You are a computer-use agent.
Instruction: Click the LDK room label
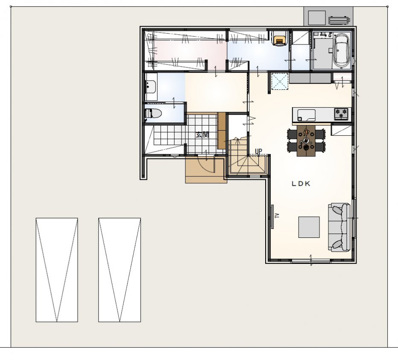coord(301,184)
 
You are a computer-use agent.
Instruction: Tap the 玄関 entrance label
coord(202,135)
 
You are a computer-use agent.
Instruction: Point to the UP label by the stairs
coord(258,152)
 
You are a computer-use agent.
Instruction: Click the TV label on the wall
coord(277,216)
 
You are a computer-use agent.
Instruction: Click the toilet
coord(153,113)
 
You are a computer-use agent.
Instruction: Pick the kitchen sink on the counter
coord(306,115)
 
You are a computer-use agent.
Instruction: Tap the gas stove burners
coord(341,114)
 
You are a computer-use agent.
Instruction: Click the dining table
coord(306,140)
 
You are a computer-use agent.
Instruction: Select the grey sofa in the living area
coord(339,228)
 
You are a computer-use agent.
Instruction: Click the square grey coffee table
coord(309,227)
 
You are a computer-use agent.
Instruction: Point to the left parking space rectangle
coord(57,270)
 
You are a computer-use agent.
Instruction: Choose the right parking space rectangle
coord(120,270)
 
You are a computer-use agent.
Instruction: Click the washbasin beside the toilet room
coord(151,87)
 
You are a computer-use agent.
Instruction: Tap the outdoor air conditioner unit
coord(339,20)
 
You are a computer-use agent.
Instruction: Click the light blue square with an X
coord(280,81)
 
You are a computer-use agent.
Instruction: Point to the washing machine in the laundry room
coord(279,38)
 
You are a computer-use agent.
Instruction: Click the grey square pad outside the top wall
coord(316,18)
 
